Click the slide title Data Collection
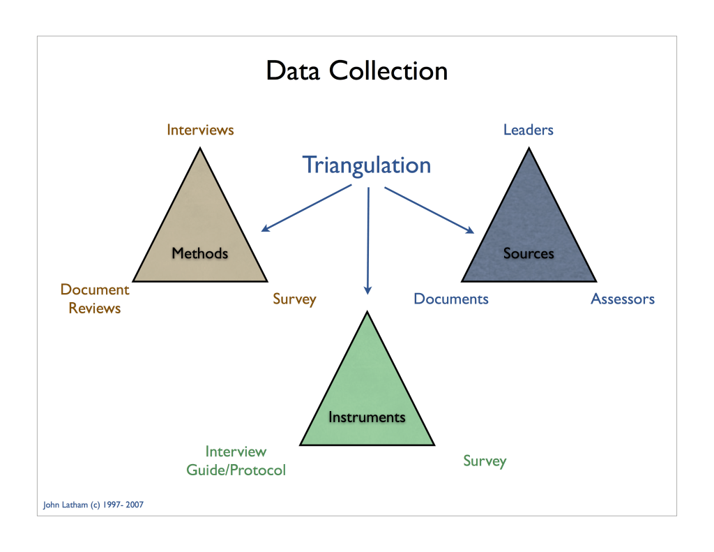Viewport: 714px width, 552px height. click(x=356, y=71)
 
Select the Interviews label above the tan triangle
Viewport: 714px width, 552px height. click(x=200, y=130)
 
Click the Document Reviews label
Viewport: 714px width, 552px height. click(x=95, y=299)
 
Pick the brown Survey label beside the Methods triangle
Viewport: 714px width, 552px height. click(x=294, y=299)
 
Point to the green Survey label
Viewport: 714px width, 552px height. click(x=485, y=461)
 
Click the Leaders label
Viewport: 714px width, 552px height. click(x=529, y=130)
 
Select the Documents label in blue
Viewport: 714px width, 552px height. click(x=451, y=299)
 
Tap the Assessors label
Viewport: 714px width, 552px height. click(x=623, y=299)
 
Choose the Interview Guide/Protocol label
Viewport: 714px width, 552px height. click(x=236, y=461)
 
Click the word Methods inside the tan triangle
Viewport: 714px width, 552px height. click(x=200, y=253)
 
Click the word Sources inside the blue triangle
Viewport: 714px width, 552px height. click(x=529, y=253)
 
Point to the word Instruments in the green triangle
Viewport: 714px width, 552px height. click(x=367, y=417)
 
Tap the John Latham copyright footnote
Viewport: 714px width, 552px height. click(x=93, y=505)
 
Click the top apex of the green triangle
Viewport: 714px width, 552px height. click(x=367, y=312)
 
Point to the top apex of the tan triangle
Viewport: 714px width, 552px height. click(x=200, y=148)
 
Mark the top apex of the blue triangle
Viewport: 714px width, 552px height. click(x=529, y=148)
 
